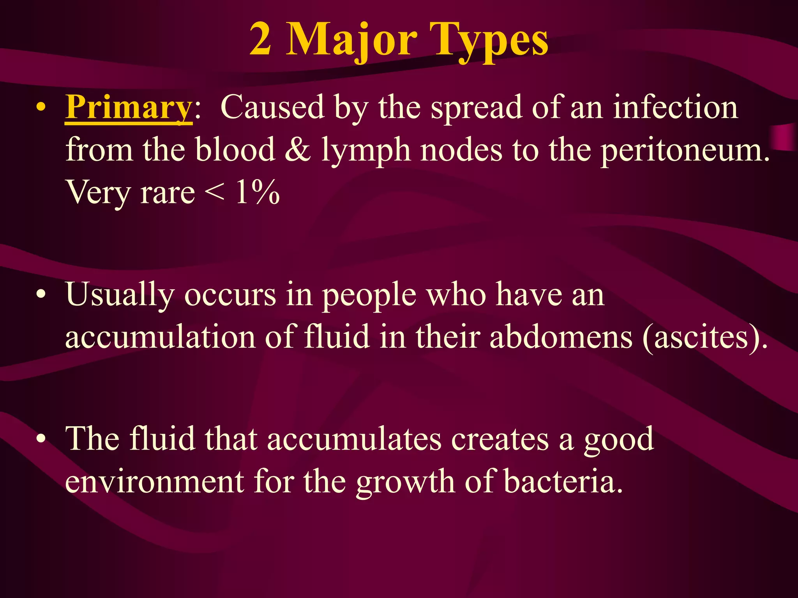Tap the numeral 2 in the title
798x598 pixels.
click(x=260, y=39)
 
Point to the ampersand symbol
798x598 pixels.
click(x=298, y=150)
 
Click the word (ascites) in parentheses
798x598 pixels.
click(x=705, y=337)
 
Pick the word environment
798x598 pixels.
click(x=154, y=482)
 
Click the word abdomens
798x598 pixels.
click(x=561, y=337)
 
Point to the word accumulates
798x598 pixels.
click(x=355, y=439)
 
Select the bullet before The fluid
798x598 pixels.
click(x=41, y=439)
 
